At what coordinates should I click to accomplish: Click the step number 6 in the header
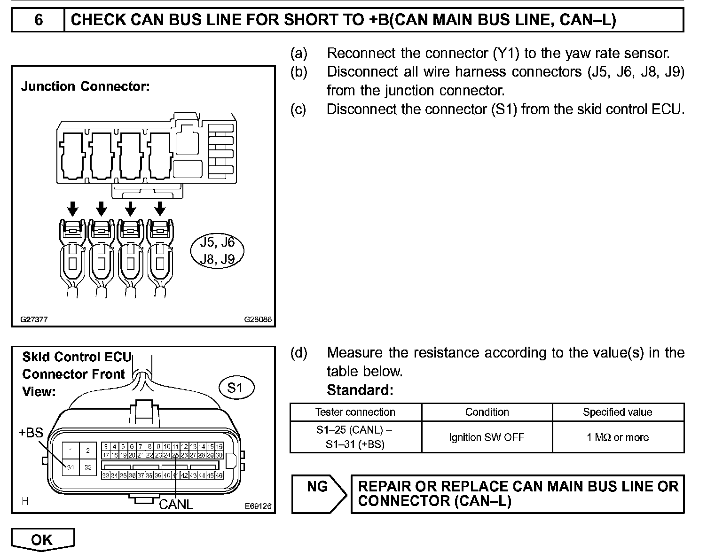click(39, 20)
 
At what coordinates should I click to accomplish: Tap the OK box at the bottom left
click(42, 540)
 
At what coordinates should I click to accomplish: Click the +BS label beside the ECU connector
click(31, 432)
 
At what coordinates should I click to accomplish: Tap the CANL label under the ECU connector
click(176, 504)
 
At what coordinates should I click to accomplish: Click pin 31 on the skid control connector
click(71, 467)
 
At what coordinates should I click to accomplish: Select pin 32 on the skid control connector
click(88, 467)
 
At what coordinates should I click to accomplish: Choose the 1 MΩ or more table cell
click(618, 437)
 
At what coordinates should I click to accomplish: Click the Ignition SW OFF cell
click(487, 437)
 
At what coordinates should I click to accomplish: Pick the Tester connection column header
click(355, 412)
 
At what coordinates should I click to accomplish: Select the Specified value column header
click(618, 412)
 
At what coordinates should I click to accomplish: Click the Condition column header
click(487, 412)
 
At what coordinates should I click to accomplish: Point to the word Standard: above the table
click(360, 390)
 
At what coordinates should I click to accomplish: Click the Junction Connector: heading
click(86, 87)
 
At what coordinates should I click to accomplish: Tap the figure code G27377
click(34, 319)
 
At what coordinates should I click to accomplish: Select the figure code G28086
click(258, 319)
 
